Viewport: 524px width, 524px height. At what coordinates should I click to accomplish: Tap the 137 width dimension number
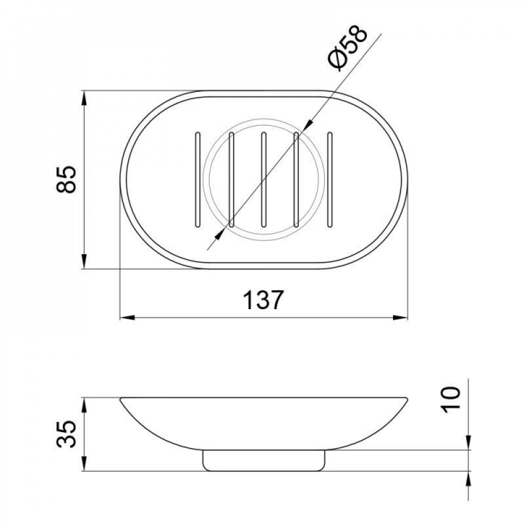click(x=263, y=301)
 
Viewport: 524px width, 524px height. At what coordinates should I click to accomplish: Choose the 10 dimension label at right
click(x=452, y=399)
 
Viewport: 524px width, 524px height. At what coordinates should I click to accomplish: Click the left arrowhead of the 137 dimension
click(x=126, y=318)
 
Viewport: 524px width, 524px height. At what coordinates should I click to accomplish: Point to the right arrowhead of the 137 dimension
click(x=402, y=318)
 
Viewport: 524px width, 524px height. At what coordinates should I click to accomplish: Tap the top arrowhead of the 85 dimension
click(x=84, y=97)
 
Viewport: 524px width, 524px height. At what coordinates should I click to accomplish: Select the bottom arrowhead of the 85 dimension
click(x=84, y=264)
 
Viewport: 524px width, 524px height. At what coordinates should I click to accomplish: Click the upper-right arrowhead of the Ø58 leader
click(x=308, y=124)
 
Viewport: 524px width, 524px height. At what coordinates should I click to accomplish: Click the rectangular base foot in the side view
click(x=264, y=460)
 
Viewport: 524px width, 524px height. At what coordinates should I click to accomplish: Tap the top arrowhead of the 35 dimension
click(x=84, y=403)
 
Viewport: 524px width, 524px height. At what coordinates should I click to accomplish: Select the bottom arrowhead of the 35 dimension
click(x=84, y=465)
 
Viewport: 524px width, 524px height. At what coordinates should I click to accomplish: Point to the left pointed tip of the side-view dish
click(x=121, y=400)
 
